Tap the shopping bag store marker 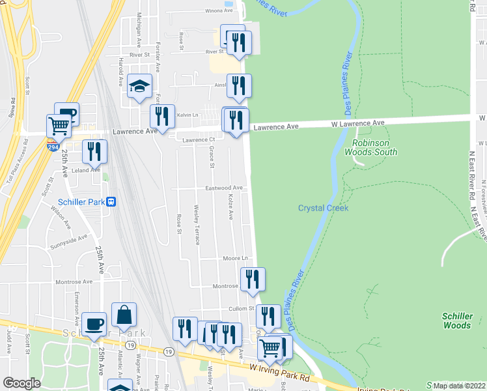click(x=124, y=316)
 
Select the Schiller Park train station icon click(x=111, y=202)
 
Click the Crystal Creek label click(x=324, y=208)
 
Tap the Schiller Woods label click(x=456, y=320)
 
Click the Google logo click(x=21, y=383)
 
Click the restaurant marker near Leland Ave click(x=95, y=152)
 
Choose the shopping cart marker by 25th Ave click(x=59, y=125)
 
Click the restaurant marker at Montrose click(x=253, y=279)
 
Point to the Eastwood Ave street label click(x=224, y=188)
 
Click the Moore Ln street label click(x=236, y=258)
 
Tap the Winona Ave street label click(x=205, y=11)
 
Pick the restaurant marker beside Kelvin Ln click(x=161, y=116)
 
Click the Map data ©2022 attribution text click(x=460, y=385)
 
